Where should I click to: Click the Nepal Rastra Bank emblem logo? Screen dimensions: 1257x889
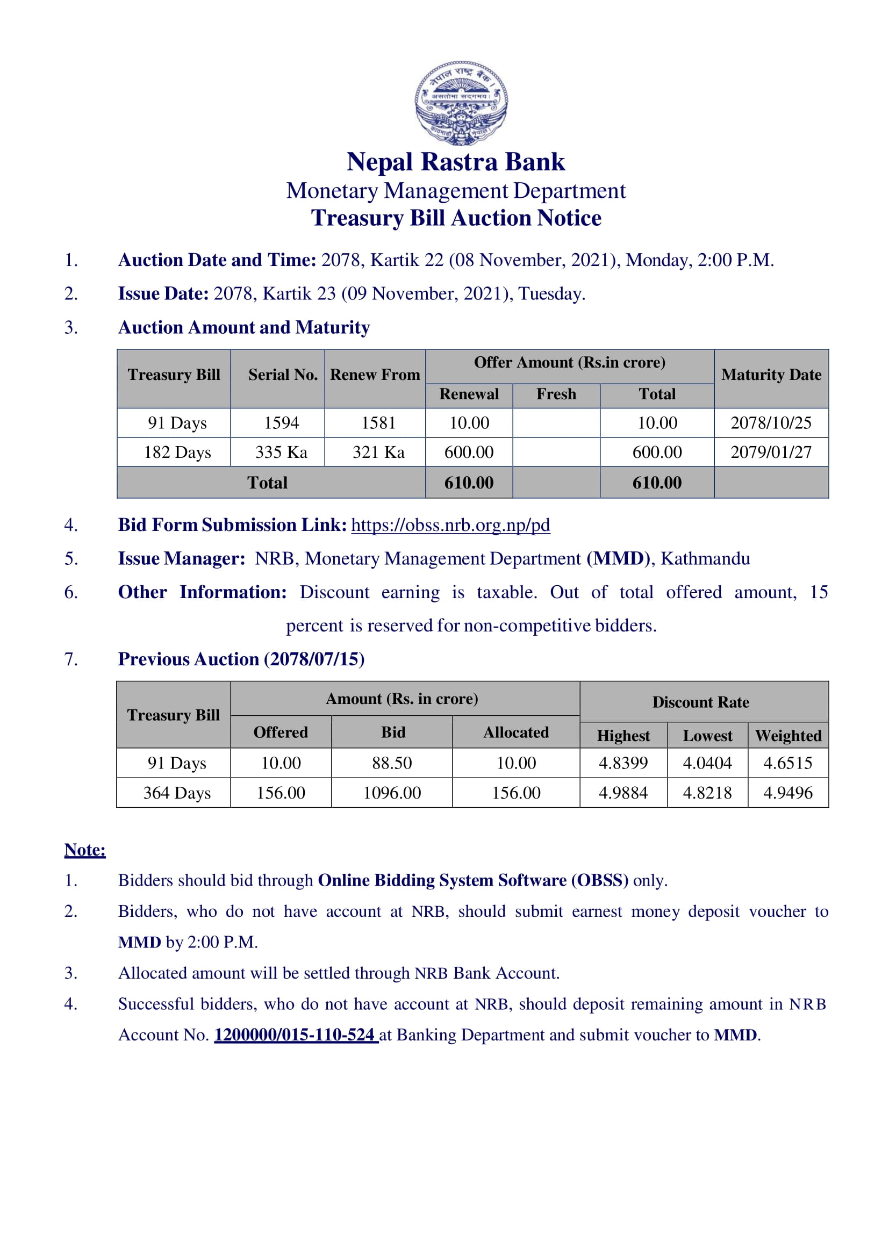point(461,103)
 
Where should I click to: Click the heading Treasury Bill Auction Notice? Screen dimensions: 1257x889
point(456,218)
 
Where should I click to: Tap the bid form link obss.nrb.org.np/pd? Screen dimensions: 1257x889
point(450,525)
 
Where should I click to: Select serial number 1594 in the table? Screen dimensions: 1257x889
point(281,422)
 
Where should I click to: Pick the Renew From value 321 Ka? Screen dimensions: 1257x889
point(378,452)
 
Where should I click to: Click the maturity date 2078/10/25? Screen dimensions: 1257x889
point(771,422)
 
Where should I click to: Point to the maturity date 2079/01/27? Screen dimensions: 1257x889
point(771,452)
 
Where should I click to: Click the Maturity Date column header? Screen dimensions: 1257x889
point(771,375)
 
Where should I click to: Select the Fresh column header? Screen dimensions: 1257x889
point(556,394)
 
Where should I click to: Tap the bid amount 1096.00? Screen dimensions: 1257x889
point(392,793)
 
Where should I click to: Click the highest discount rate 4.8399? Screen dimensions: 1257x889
point(623,763)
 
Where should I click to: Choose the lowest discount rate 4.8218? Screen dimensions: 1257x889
point(707,793)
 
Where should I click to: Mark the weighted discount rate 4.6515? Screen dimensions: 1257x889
point(788,763)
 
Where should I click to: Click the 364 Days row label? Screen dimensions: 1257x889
point(177,793)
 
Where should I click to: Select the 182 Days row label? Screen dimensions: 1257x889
point(177,452)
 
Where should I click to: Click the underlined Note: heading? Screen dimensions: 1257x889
point(85,850)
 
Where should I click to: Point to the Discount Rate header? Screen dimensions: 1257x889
point(701,702)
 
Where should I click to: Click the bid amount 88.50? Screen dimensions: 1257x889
point(392,763)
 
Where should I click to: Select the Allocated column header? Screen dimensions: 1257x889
point(515,732)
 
